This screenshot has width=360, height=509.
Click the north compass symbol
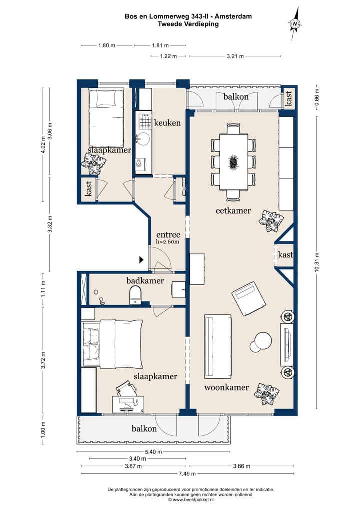click(x=295, y=23)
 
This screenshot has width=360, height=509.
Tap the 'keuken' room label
click(x=167, y=123)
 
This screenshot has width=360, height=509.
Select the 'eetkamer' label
click(x=233, y=210)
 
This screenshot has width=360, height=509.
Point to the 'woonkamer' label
click(x=227, y=387)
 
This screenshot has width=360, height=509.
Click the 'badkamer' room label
click(x=145, y=281)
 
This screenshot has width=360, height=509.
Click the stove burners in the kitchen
click(x=145, y=121)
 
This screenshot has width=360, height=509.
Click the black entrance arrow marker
click(x=141, y=259)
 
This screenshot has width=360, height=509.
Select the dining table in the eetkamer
click(x=233, y=161)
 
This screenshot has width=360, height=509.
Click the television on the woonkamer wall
click(x=287, y=344)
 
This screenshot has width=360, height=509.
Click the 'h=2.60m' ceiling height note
click(x=167, y=242)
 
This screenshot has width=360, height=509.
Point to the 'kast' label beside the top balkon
click(x=289, y=98)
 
